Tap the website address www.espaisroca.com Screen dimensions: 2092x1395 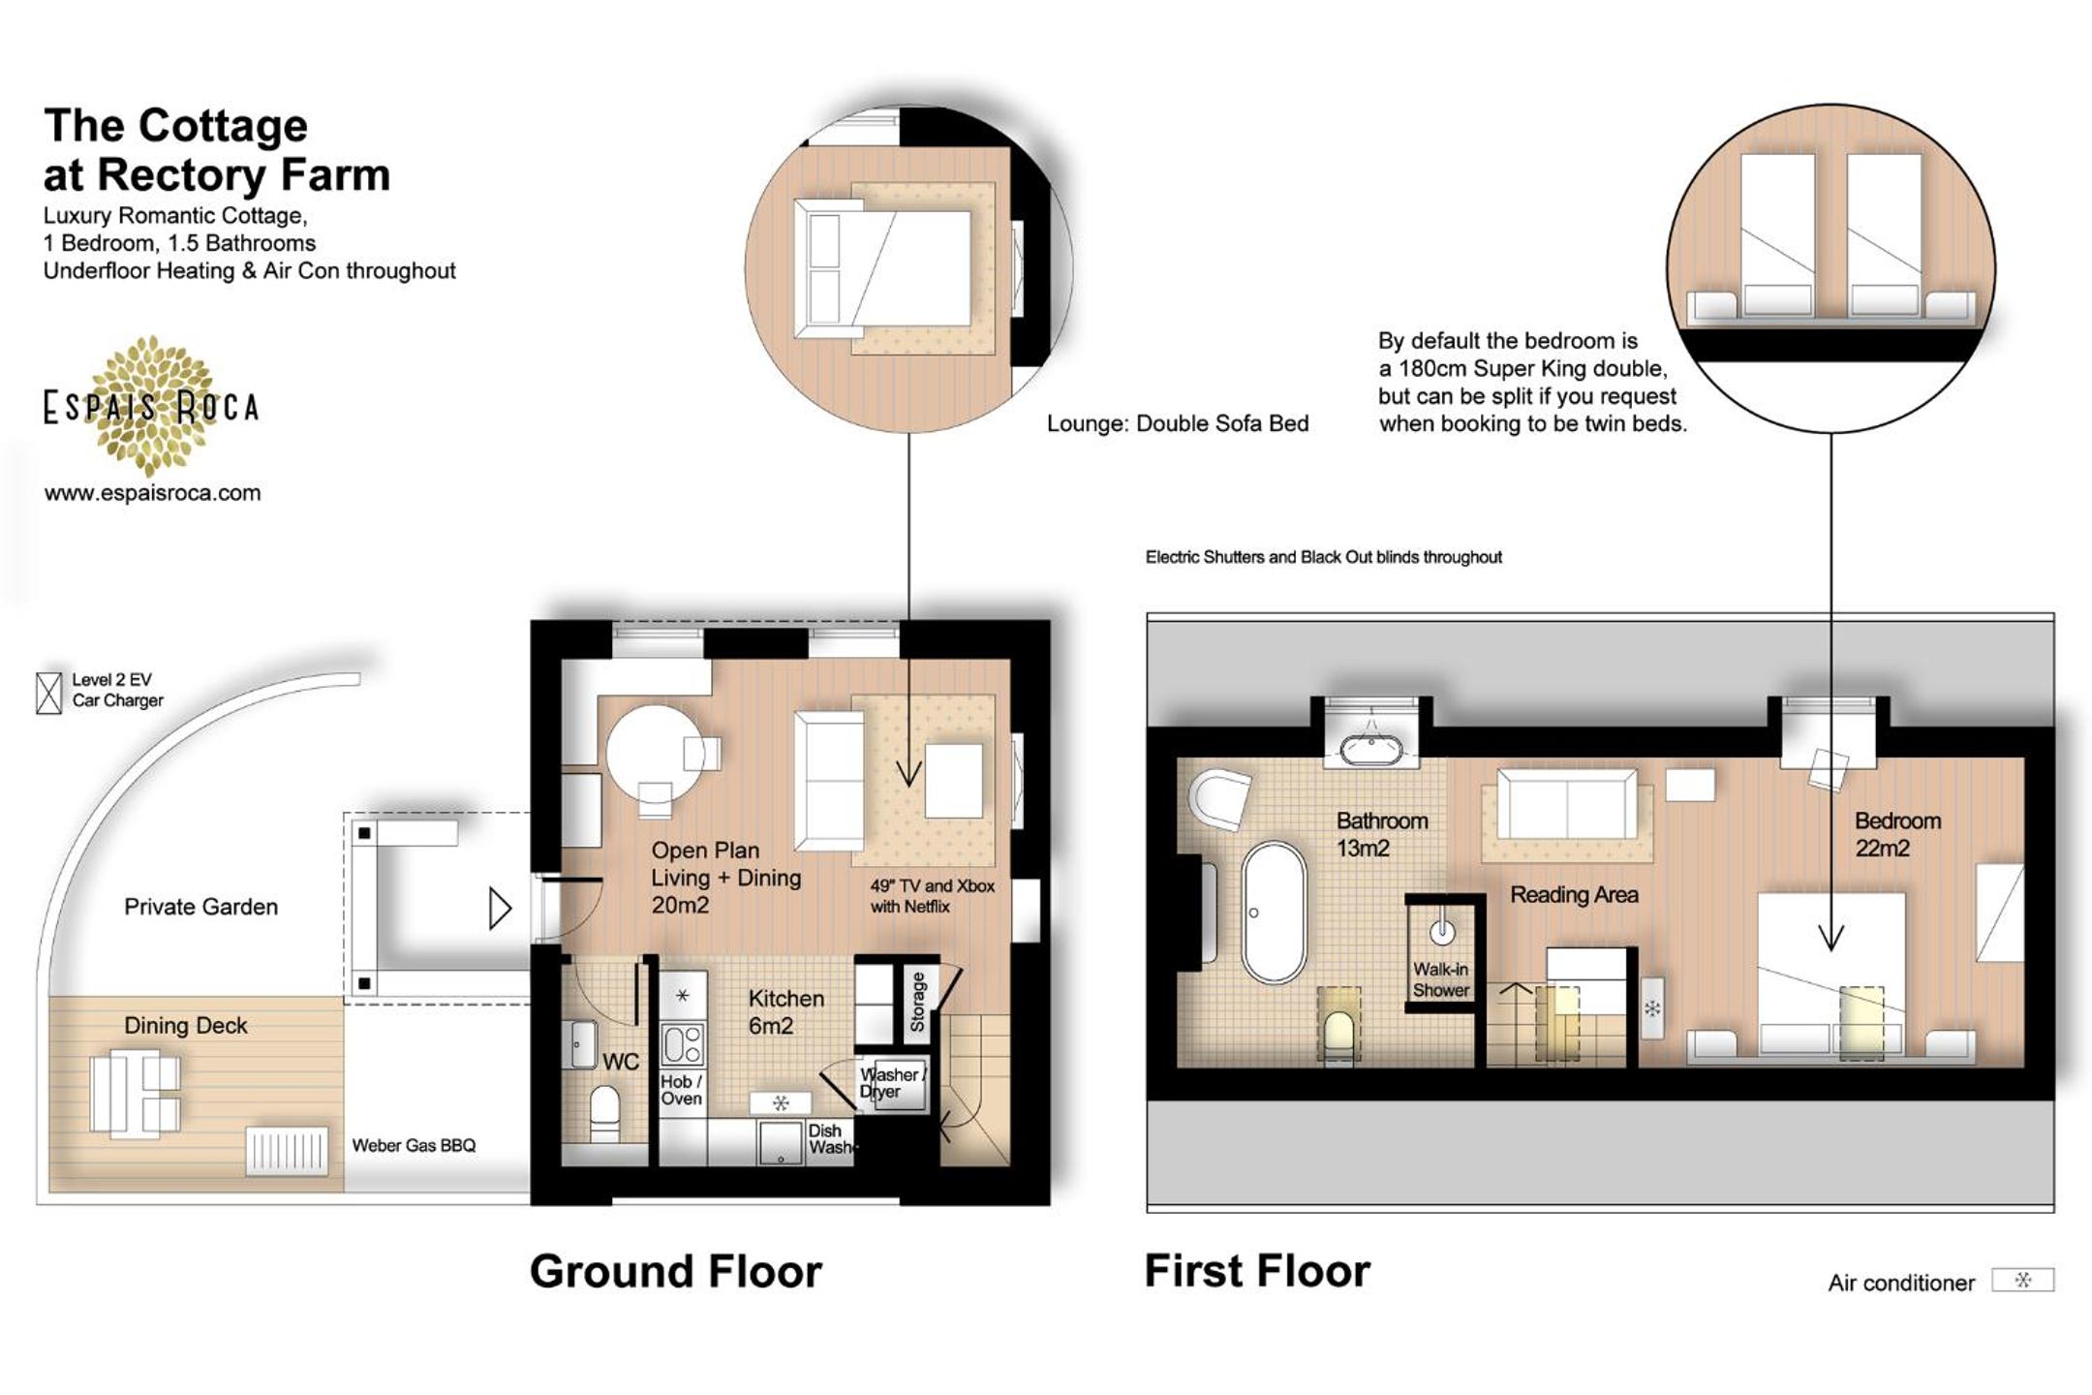coord(152,492)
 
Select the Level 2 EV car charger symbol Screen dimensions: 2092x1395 coord(48,693)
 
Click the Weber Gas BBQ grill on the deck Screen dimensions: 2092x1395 coord(286,1151)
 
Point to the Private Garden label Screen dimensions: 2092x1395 coord(200,907)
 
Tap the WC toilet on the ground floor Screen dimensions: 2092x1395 coord(605,1112)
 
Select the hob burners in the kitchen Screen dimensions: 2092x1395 coord(683,1044)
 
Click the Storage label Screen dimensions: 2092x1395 coord(917,1003)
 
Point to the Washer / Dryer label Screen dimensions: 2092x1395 coord(892,1083)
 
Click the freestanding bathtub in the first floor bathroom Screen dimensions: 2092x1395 coord(1275,913)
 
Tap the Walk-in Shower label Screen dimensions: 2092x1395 coord(1441,979)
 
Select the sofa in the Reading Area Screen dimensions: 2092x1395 coord(1567,804)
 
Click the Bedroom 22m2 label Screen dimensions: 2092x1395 coord(1897,834)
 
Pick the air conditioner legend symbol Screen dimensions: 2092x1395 coord(2022,1281)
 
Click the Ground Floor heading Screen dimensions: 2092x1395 coord(675,1271)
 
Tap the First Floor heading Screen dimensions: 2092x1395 coord(1257,1271)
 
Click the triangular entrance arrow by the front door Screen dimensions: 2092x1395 coord(499,909)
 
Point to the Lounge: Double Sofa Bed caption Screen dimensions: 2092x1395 coord(1178,423)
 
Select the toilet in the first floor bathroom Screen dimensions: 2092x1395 coord(1338,1033)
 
